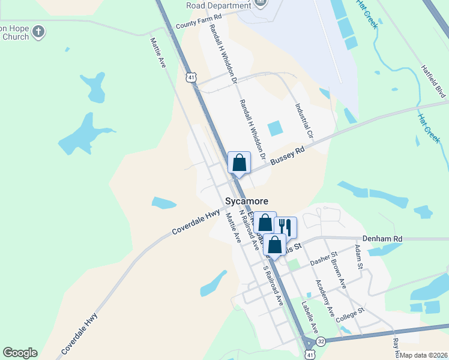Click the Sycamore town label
246,202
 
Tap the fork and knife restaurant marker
285,227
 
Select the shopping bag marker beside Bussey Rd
239,162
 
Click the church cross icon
38,32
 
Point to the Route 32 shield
322,340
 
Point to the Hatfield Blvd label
433,82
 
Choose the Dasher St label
324,260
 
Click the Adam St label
359,257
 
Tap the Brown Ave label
339,275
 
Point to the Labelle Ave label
309,316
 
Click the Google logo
20,353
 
